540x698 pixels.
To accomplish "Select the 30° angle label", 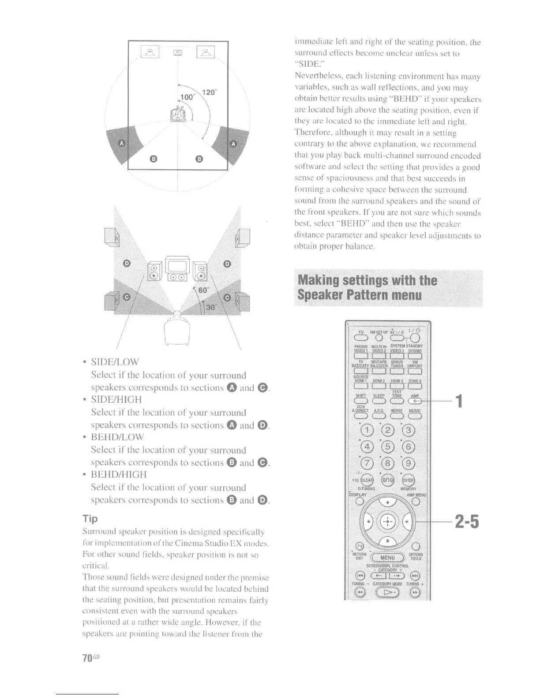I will point(211,307).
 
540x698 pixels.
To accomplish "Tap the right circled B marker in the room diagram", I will point(199,159).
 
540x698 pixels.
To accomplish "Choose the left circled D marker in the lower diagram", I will point(126,264).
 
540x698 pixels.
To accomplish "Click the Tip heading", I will point(90,518).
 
